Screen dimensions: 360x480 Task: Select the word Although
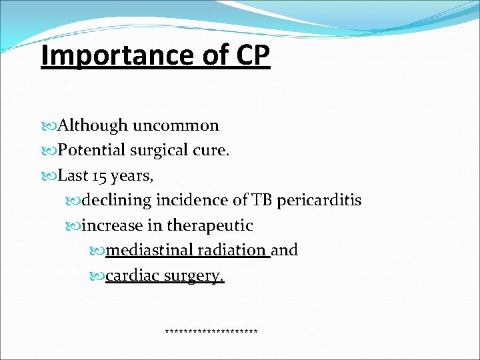(93, 125)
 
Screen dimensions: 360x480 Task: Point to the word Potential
(91, 151)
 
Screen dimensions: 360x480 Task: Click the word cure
(213, 151)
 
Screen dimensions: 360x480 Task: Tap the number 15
(99, 176)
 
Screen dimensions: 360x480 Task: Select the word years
(135, 176)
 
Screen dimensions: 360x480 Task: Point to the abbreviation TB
(259, 200)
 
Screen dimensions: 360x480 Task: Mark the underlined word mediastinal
(150, 250)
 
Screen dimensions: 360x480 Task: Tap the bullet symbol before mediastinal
(98, 251)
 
